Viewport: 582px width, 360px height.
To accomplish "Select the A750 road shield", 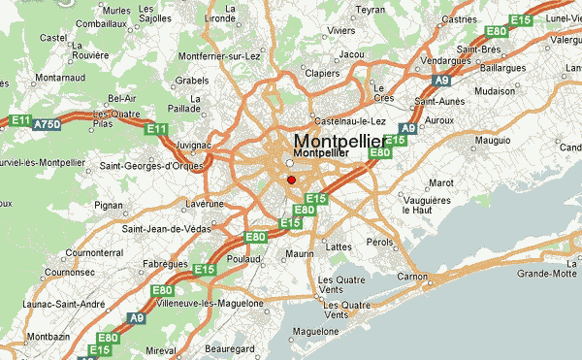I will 47,124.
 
